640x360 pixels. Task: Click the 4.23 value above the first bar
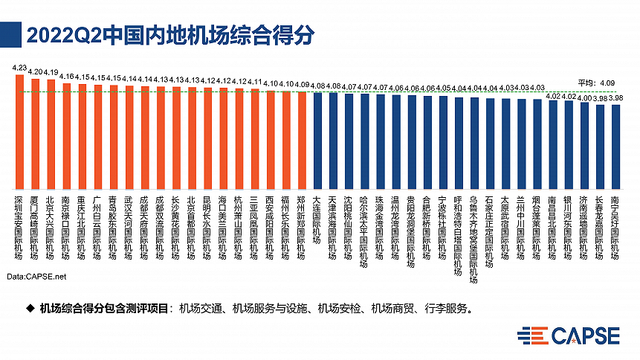tap(19, 68)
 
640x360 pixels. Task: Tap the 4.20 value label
tap(35, 72)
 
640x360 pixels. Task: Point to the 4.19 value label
tap(51, 73)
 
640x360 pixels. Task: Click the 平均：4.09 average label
tap(598, 83)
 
